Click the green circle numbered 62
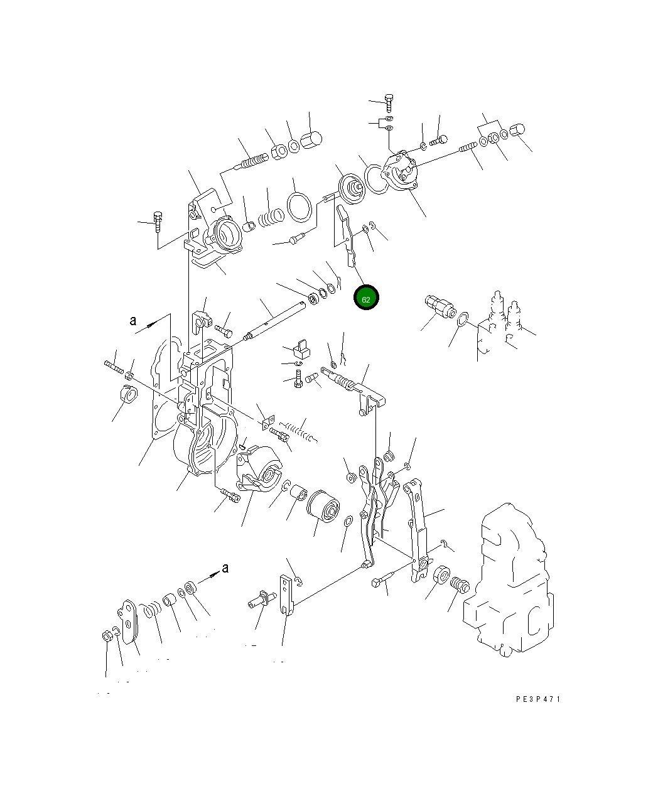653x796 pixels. pos(366,298)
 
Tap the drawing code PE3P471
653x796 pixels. pos(537,699)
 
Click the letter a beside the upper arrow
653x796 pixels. pos(132,320)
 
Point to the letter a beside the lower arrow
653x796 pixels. pos(225,568)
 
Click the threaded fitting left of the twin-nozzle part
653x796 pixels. pos(438,306)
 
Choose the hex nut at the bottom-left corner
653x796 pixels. pos(107,636)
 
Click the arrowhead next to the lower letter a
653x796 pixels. pos(213,573)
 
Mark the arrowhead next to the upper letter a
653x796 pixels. pos(151,325)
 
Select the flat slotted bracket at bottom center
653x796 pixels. pos(286,596)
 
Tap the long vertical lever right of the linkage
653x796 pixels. pos(418,527)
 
